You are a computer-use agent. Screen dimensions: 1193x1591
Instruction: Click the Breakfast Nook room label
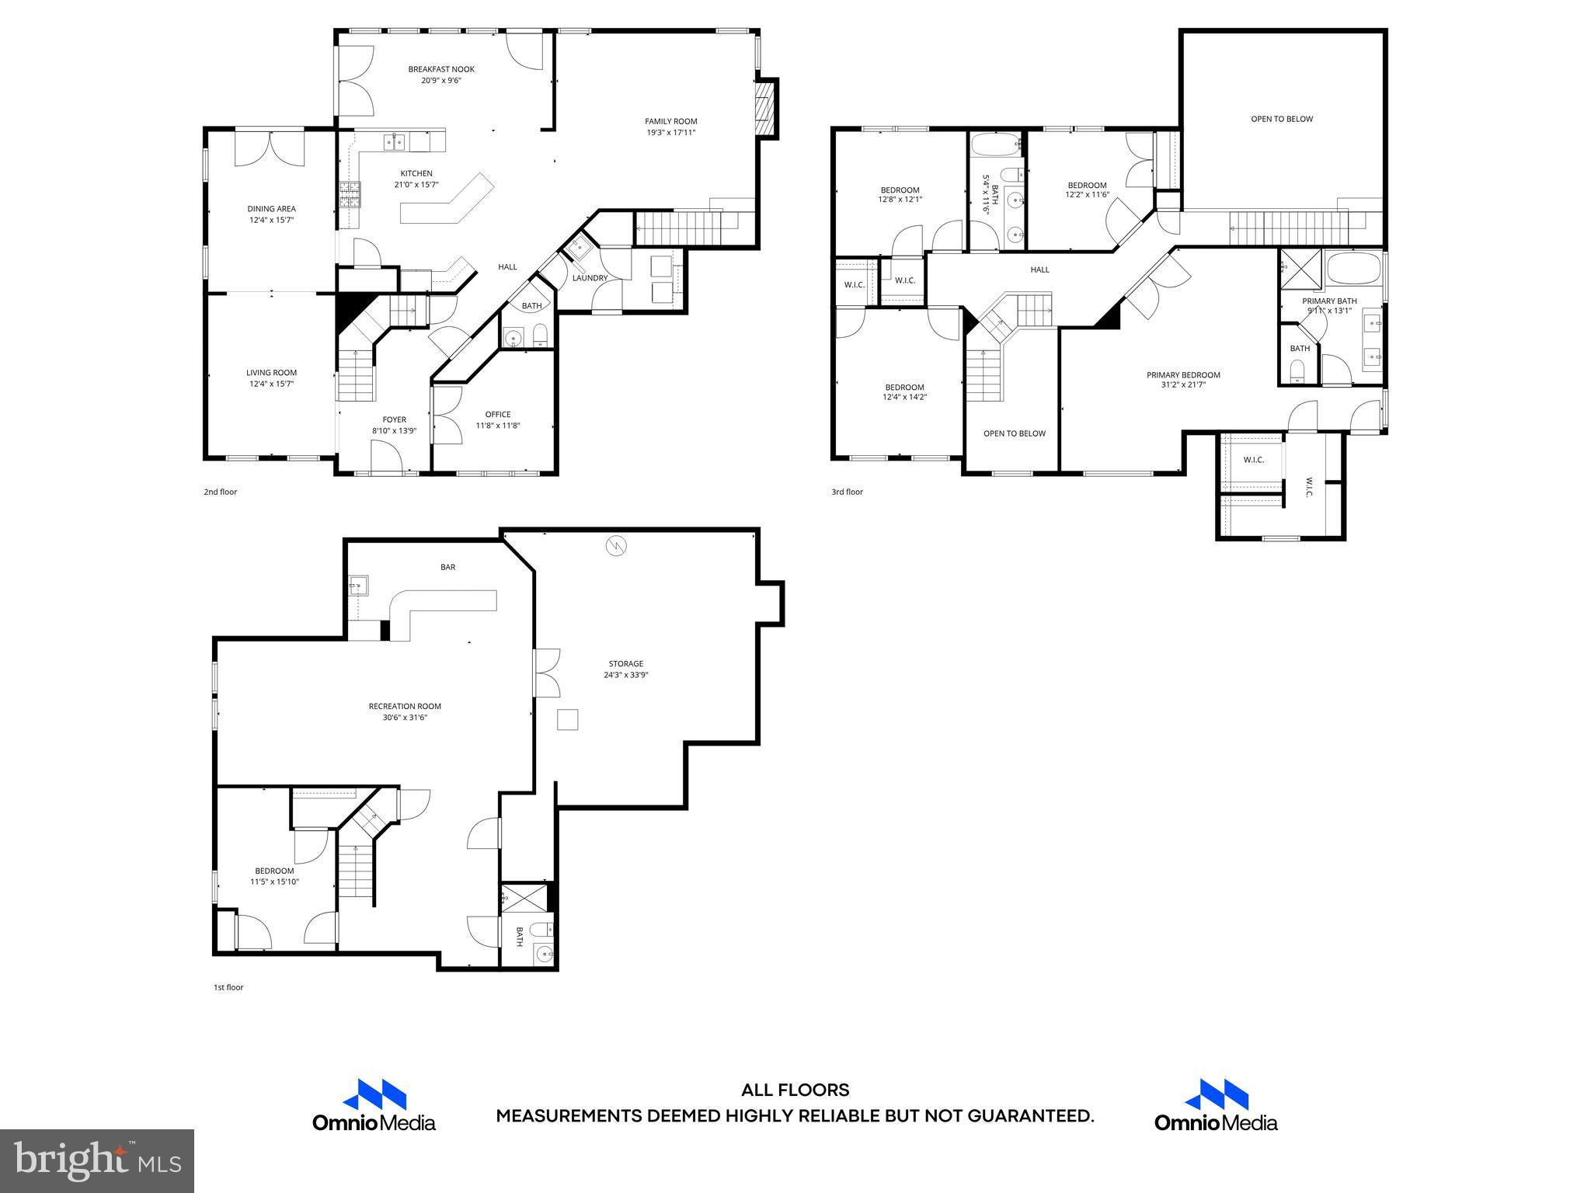pyautogui.click(x=441, y=69)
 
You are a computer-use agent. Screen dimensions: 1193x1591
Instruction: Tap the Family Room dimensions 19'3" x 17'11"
pyautogui.click(x=670, y=132)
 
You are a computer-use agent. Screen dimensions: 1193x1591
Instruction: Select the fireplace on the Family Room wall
pyautogui.click(x=766, y=108)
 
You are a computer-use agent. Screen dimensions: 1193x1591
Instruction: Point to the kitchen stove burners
pyautogui.click(x=350, y=193)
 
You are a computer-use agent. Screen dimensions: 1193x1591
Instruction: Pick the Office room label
pyautogui.click(x=497, y=414)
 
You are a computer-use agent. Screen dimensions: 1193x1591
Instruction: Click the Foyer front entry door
pyautogui.click(x=391, y=458)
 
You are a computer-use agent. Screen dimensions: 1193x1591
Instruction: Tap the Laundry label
pyautogui.click(x=590, y=278)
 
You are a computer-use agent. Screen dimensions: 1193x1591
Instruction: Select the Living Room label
pyautogui.click(x=271, y=373)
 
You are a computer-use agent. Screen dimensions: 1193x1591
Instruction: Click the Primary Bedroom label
pyautogui.click(x=1183, y=375)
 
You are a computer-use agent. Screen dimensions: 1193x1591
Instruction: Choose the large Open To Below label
pyautogui.click(x=1281, y=119)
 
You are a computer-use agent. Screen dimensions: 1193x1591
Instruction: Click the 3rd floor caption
pyautogui.click(x=847, y=492)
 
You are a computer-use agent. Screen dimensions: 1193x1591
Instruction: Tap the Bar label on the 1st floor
pyautogui.click(x=447, y=567)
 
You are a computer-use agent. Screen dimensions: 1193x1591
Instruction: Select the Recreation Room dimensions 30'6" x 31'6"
pyautogui.click(x=404, y=718)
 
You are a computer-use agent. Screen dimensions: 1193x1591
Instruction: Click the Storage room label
pyautogui.click(x=625, y=663)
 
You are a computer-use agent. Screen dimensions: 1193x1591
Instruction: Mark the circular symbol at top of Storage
pyautogui.click(x=616, y=546)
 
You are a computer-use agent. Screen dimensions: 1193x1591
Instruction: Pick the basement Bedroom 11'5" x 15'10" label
pyautogui.click(x=273, y=871)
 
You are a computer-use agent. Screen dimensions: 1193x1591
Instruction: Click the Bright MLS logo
pyautogui.click(x=97, y=1161)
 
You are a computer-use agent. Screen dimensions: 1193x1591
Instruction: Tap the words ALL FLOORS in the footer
pyautogui.click(x=795, y=1090)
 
